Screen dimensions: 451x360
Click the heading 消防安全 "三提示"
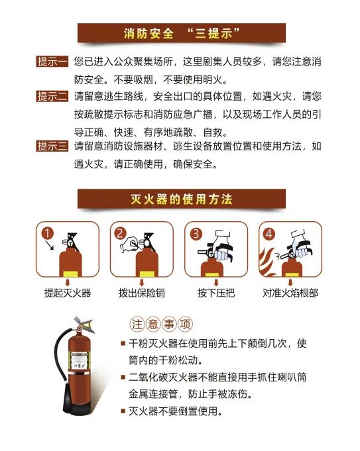point(181,33)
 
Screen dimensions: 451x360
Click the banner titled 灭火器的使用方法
point(181,199)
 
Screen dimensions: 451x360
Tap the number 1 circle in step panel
point(47,233)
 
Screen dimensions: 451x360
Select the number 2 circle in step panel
point(121,233)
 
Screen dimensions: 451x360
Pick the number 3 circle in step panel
point(196,233)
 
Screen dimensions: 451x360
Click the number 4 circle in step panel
point(269,233)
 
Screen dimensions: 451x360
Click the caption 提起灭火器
point(67,292)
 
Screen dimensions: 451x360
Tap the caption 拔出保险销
point(141,292)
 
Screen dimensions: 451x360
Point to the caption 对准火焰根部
point(290,292)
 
